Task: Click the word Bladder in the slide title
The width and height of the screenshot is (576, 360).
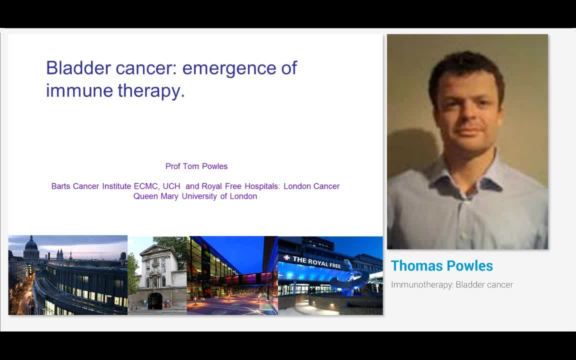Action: [x=77, y=67]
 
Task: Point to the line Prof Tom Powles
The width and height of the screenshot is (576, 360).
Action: [x=196, y=166]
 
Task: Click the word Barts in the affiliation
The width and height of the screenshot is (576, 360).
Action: [x=61, y=186]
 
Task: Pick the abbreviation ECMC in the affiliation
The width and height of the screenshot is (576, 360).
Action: [x=146, y=186]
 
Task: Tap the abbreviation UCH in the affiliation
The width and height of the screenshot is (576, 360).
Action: [x=171, y=186]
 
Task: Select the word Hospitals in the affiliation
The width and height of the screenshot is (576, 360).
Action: [x=262, y=186]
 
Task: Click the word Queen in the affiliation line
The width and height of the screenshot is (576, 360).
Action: [x=145, y=196]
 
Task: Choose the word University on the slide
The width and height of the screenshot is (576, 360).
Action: [x=199, y=196]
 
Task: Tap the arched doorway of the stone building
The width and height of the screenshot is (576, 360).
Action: [x=154, y=301]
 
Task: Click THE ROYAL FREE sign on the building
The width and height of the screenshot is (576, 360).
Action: [x=316, y=262]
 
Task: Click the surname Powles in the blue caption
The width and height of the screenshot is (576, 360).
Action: [x=471, y=266]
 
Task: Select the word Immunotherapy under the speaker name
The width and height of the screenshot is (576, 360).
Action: [x=421, y=285]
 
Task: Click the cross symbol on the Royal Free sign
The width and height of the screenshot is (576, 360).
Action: [x=286, y=258]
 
